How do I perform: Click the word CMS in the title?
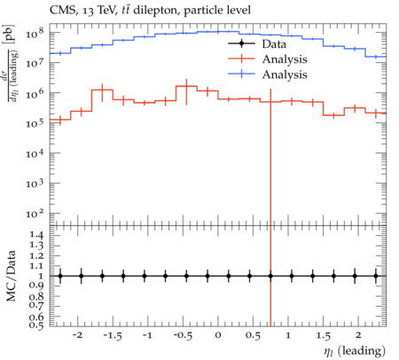pos(60,11)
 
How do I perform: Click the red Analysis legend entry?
pos(268,59)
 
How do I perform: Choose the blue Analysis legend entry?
pos(268,74)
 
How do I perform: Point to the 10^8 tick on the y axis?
pos(35,33)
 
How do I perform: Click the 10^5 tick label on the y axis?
pos(35,122)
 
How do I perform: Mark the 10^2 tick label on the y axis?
pos(35,213)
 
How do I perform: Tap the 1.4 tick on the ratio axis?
pos(36,235)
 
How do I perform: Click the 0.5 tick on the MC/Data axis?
pos(36,325)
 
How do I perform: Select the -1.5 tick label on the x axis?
pos(113,336)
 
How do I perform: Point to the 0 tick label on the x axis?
pos(218,335)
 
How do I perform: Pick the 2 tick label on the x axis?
pos(358,335)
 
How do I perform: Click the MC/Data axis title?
pos(12,276)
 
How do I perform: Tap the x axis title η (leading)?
pos(355,351)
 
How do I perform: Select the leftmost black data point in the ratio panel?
pos(60,276)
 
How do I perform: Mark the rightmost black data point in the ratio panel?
pos(376,276)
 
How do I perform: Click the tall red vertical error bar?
pos(270,207)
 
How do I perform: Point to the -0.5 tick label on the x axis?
pos(183,336)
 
